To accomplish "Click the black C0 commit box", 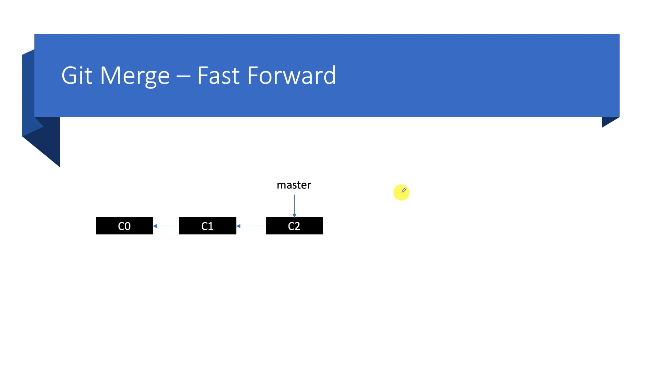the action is pyautogui.click(x=124, y=226).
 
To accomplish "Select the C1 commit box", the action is pyautogui.click(x=207, y=226).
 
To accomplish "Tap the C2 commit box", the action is pyautogui.click(x=294, y=226).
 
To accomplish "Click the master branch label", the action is pyautogui.click(x=294, y=185).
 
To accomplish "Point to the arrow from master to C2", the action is pyautogui.click(x=294, y=206).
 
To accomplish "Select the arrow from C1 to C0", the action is pyautogui.click(x=166, y=226).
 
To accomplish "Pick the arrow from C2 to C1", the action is pyautogui.click(x=251, y=226).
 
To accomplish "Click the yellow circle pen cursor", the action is pyautogui.click(x=401, y=193).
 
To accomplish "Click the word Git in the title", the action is pyautogui.click(x=77, y=75).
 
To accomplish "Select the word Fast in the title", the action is pyautogui.click(x=218, y=75).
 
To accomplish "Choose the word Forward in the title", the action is pyautogui.click(x=292, y=75).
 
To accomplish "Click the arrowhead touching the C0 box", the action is pyautogui.click(x=155, y=226).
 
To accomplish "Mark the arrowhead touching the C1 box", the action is pyautogui.click(x=238, y=226).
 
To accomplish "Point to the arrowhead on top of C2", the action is pyautogui.click(x=294, y=215).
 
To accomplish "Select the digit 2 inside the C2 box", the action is pyautogui.click(x=297, y=226).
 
